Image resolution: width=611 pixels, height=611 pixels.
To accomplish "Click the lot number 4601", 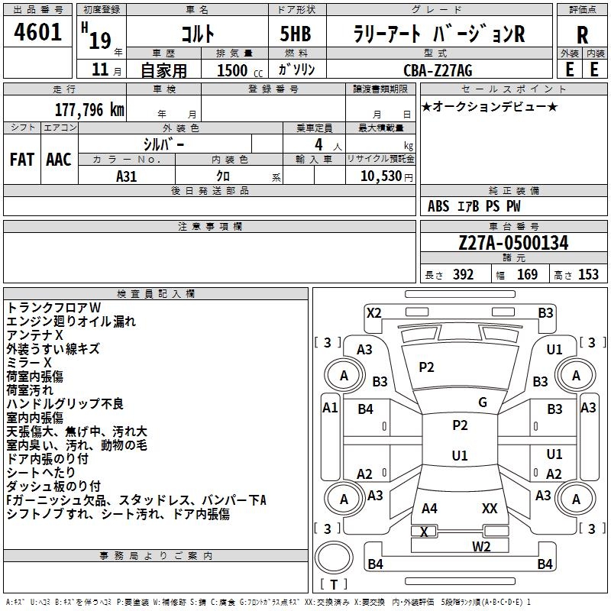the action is point(38,34).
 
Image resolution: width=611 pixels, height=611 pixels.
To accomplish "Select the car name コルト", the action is point(197,34).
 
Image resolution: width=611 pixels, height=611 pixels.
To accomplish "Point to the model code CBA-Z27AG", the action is point(438,70).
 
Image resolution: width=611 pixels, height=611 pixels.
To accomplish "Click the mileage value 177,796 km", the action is point(89,109).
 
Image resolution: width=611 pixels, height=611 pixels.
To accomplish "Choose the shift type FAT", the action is point(21,160).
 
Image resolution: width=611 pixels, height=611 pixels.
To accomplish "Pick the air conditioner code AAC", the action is point(58,160).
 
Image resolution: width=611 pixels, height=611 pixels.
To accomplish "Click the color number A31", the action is point(126,176).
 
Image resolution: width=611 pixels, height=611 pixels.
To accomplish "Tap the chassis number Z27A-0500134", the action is point(513,244).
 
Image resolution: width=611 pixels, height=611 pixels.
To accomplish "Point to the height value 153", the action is point(588,275).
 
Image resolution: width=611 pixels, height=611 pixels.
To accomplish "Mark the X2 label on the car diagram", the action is point(373,312).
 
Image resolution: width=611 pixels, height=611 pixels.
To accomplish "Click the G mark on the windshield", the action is point(483,402).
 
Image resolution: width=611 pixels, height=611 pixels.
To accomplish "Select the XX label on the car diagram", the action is point(490,508).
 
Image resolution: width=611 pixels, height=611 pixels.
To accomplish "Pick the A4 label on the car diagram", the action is point(429,508).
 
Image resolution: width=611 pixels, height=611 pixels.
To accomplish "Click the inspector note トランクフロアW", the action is point(59,307).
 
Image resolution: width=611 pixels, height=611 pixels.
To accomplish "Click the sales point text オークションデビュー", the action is point(490,106).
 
